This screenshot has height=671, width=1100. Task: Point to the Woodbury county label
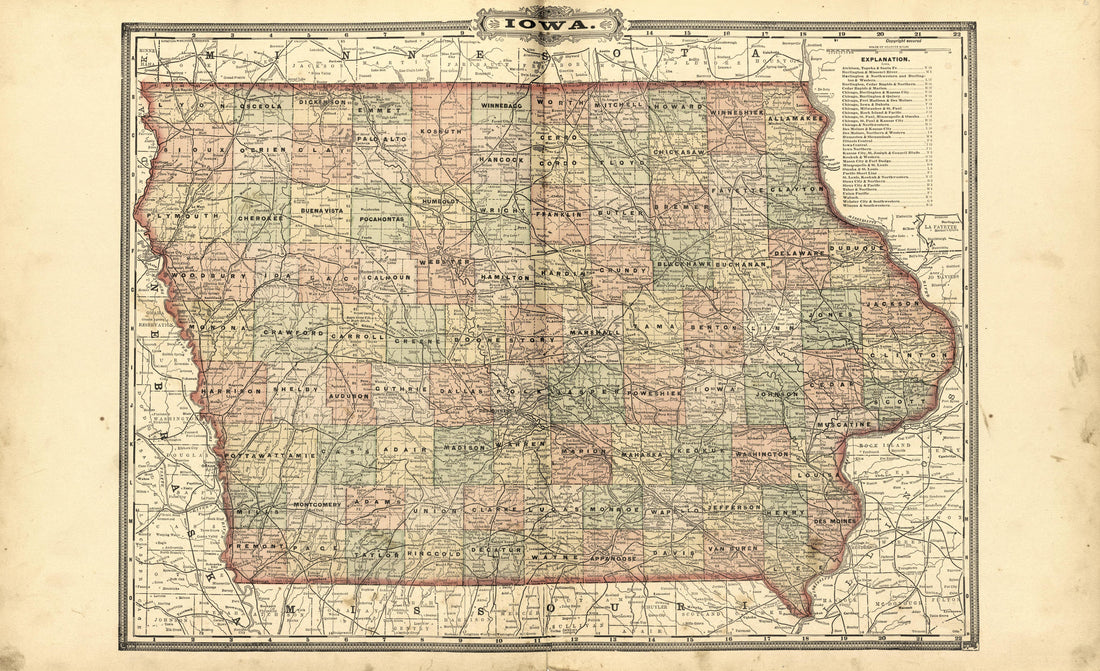pos(200,275)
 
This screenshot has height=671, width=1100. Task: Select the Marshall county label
pos(595,330)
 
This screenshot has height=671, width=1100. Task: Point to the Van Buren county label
pos(727,550)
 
